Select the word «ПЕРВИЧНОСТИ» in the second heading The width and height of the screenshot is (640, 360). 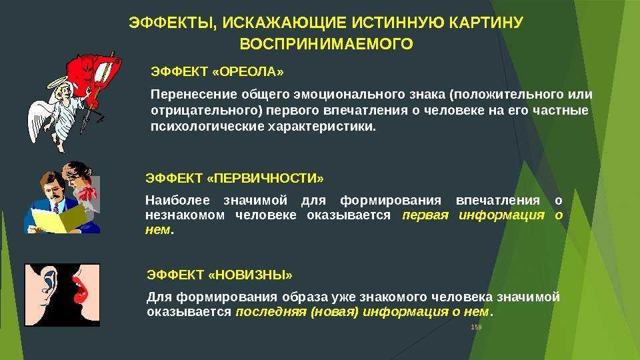[266, 179]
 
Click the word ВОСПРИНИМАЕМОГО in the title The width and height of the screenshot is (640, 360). [326, 44]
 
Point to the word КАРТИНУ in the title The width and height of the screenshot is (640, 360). [486, 23]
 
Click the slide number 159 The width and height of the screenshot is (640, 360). [476, 327]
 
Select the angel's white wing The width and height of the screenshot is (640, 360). [39, 119]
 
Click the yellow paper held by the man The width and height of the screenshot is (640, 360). [57, 219]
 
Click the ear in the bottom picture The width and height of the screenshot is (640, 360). [49, 281]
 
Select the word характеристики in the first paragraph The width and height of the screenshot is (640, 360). [322, 127]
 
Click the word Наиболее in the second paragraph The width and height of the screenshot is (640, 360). [177, 201]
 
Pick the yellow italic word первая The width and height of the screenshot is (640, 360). [425, 215]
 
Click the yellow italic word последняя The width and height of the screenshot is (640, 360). [271, 312]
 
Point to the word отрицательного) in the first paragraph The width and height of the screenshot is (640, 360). [206, 111]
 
